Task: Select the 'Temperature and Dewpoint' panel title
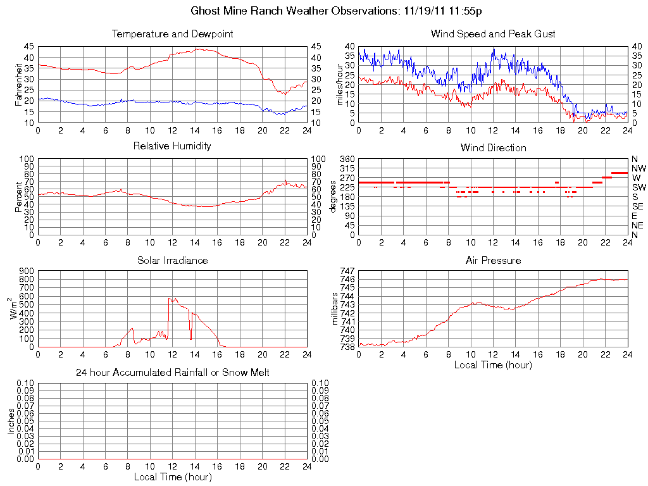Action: click(172, 34)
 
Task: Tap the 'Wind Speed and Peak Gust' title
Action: click(493, 34)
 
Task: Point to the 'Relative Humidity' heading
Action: click(172, 146)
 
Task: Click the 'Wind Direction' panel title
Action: click(493, 147)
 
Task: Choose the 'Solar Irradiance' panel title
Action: click(172, 260)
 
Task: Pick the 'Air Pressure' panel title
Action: click(493, 260)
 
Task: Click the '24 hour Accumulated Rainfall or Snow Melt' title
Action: click(172, 373)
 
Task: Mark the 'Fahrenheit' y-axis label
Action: click(18, 84)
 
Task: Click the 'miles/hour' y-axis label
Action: click(339, 84)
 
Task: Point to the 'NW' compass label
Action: click(639, 168)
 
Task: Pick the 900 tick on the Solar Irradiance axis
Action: click(27, 271)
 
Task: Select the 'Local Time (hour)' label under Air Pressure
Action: click(493, 364)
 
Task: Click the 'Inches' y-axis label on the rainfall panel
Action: click(11, 421)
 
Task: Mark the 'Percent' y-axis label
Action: click(18, 197)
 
